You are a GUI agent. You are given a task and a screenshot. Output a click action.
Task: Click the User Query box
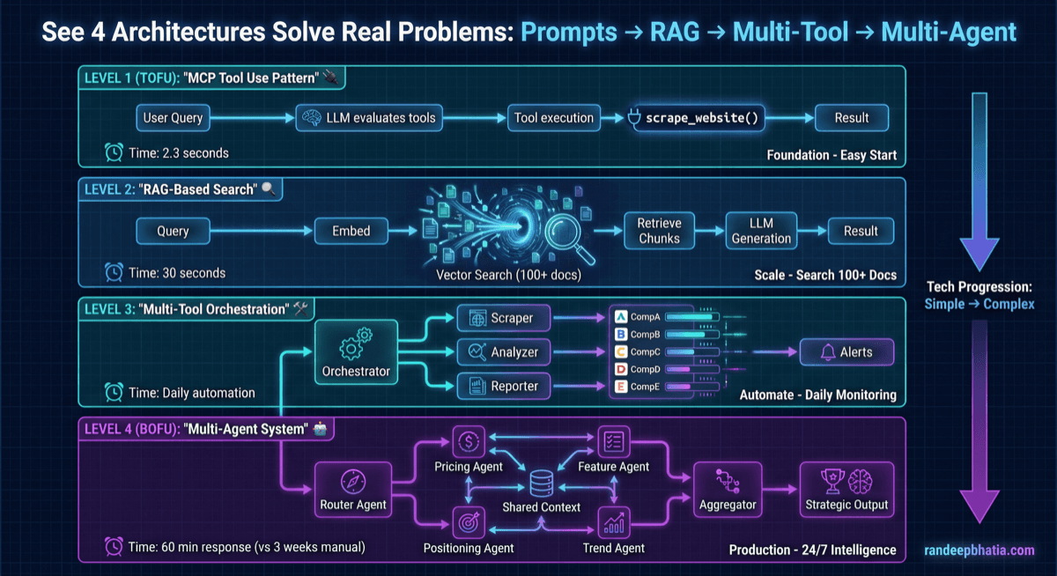[174, 118]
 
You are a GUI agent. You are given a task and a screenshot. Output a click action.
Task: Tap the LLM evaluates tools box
[368, 118]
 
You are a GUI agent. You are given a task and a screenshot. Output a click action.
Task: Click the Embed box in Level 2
[351, 232]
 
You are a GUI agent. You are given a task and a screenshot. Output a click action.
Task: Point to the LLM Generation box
[761, 231]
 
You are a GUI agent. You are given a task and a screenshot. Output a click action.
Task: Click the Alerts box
[846, 352]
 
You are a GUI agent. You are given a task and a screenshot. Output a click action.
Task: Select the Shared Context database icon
[541, 482]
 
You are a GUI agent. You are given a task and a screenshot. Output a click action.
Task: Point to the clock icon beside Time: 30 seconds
[114, 273]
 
